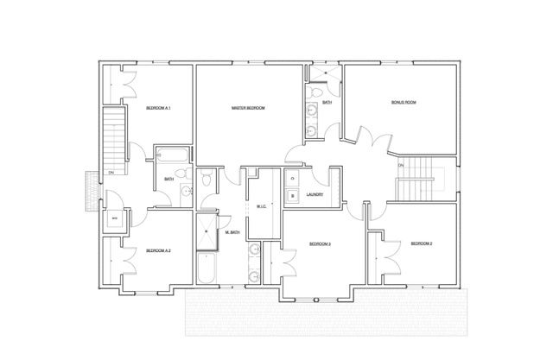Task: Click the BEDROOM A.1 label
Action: [158, 108]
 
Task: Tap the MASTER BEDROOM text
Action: [248, 108]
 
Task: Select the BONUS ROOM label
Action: [404, 103]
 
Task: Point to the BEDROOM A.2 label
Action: [158, 250]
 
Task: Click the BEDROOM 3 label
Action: [321, 244]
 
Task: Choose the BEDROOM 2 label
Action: [420, 244]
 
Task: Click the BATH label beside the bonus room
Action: [327, 103]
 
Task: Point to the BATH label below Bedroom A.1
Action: [169, 179]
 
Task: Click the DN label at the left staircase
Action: [111, 173]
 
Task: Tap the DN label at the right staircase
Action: [400, 165]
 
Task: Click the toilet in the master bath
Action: [207, 181]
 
